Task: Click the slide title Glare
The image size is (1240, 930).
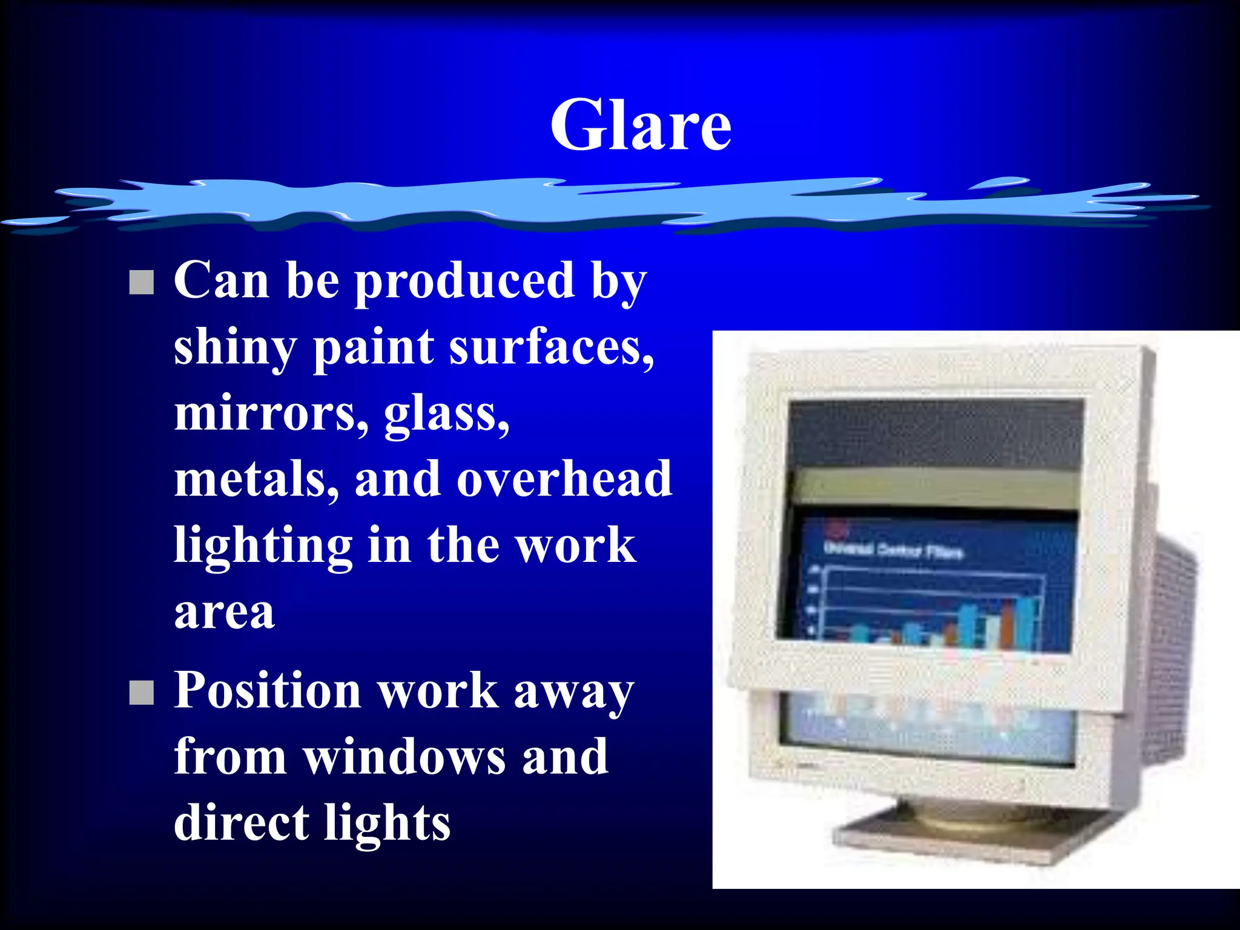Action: (641, 125)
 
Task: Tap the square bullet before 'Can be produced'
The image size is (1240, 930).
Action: (142, 282)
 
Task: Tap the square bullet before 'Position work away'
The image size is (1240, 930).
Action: (142, 693)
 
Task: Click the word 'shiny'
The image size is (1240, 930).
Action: (235, 348)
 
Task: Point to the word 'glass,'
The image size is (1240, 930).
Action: (447, 415)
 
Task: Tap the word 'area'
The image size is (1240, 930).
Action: (225, 613)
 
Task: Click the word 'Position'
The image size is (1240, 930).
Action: (268, 691)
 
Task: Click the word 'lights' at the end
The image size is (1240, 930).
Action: (387, 824)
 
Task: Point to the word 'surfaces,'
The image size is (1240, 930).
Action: (552, 348)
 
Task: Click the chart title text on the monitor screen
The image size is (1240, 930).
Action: (893, 550)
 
